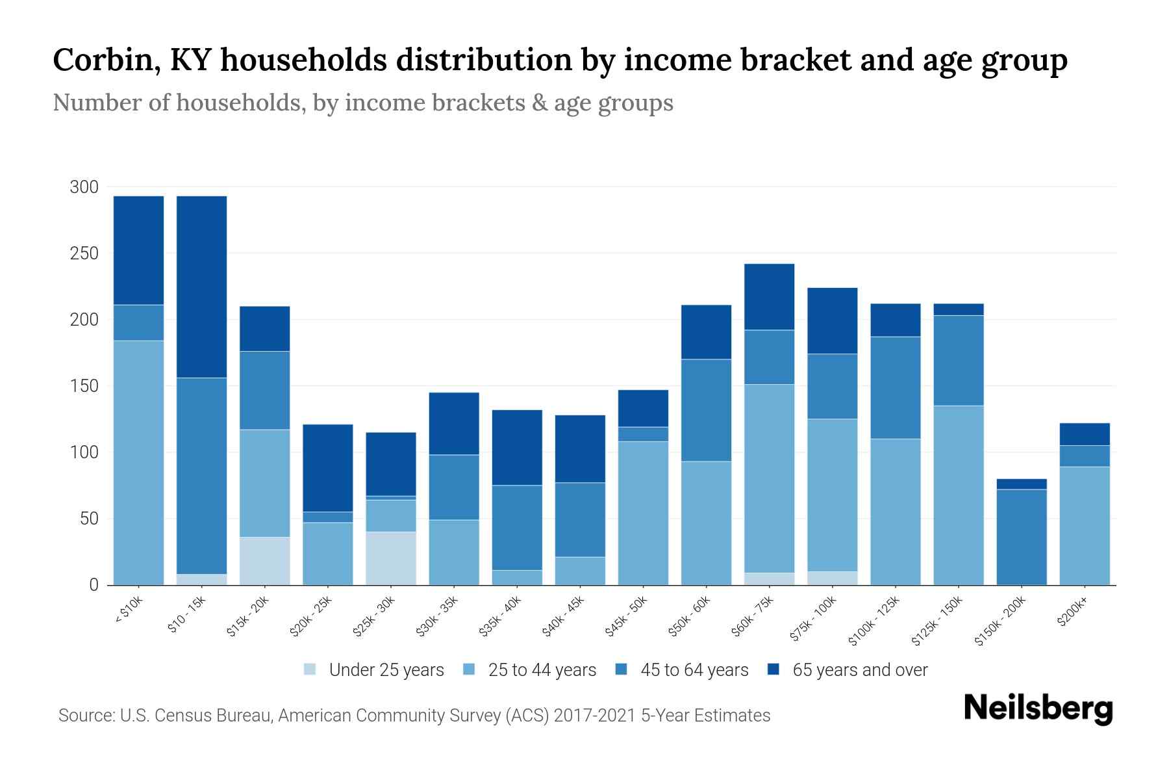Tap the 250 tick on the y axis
pyautogui.click(x=84, y=253)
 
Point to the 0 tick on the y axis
pyautogui.click(x=94, y=585)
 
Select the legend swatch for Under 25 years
pyautogui.click(x=310, y=669)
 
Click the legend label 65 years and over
pyautogui.click(x=860, y=670)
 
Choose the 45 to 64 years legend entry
pyautogui.click(x=694, y=670)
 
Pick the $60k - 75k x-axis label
pyautogui.click(x=753, y=616)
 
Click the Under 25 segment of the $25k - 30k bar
pyautogui.click(x=391, y=558)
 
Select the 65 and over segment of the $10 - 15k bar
pyautogui.click(x=202, y=287)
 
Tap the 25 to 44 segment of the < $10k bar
pyautogui.click(x=138, y=463)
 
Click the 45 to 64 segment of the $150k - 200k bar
pyautogui.click(x=1022, y=537)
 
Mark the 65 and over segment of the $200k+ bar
pyautogui.click(x=1085, y=434)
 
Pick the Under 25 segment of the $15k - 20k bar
pyautogui.click(x=265, y=561)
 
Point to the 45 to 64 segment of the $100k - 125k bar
pyautogui.click(x=896, y=388)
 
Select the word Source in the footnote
pyautogui.click(x=84, y=716)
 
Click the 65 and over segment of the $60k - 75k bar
pyautogui.click(x=769, y=297)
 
